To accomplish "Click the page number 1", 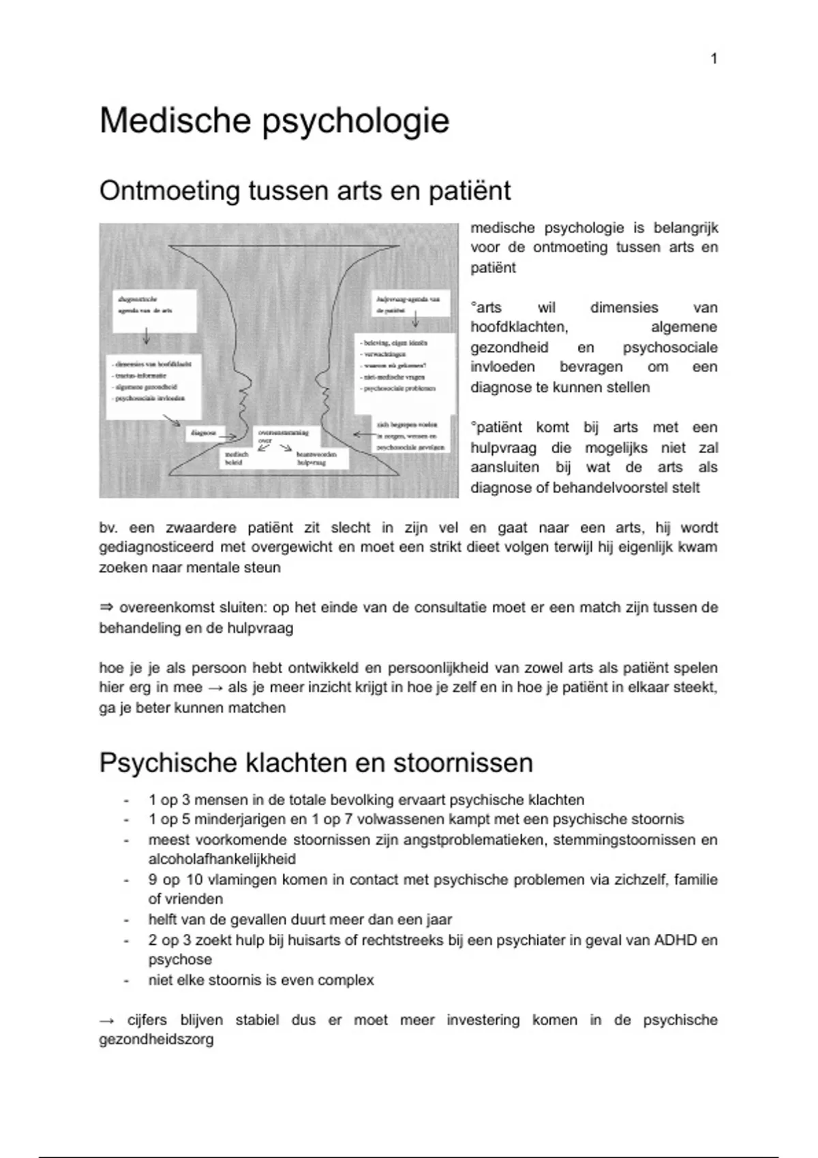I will [x=714, y=59].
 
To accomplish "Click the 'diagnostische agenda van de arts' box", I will [x=154, y=311].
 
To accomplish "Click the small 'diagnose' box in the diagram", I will [x=204, y=433].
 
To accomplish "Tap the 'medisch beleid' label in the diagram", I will [x=236, y=458].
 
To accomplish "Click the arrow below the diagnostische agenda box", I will [x=146, y=337].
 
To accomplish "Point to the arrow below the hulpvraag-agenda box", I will [x=415, y=320].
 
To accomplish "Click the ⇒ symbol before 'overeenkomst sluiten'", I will [x=106, y=608].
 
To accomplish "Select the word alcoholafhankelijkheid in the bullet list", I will [x=222, y=860].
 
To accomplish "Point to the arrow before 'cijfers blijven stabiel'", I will [x=107, y=1020].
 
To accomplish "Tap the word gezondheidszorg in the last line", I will [x=156, y=1040].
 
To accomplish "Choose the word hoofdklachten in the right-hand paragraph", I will [x=519, y=328].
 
